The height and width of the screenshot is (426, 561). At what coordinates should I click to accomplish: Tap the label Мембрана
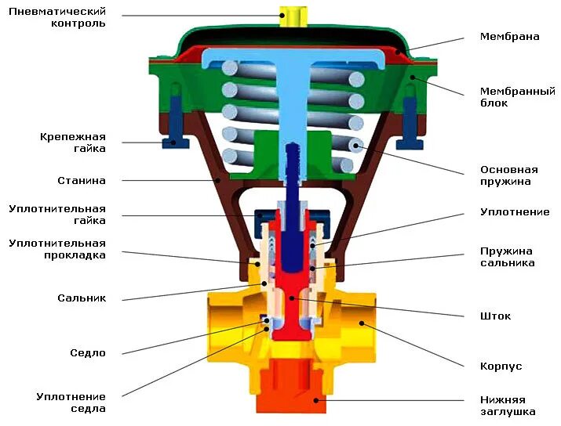[x=509, y=37]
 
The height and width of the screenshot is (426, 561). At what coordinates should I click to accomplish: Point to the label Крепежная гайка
[x=72, y=142]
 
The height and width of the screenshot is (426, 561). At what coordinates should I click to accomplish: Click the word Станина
[x=81, y=181]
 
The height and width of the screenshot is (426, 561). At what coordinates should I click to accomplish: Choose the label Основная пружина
[x=508, y=175]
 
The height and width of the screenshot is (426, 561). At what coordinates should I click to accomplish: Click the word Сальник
[x=81, y=298]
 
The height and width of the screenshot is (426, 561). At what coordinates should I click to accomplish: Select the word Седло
[x=87, y=353]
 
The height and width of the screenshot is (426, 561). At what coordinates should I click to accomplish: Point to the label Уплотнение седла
[x=71, y=403]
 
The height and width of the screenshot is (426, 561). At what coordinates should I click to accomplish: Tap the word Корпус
[x=501, y=366]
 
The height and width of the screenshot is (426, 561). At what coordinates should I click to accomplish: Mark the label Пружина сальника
[x=507, y=257]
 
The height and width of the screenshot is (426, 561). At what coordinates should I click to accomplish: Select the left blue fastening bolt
[x=173, y=121]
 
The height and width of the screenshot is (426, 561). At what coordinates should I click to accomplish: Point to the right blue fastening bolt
[x=408, y=121]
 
